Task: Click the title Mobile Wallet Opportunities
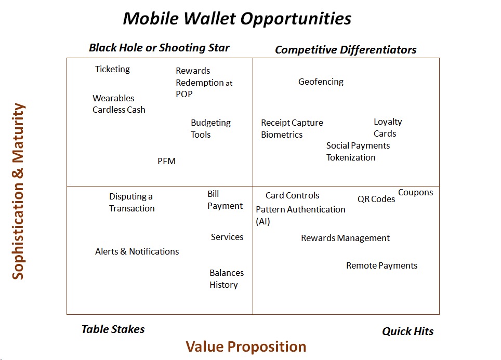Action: [237, 18]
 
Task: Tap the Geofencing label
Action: [321, 82]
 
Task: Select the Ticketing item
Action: [112, 69]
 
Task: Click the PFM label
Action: [166, 161]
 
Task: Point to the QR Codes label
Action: [376, 199]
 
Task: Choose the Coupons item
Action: [415, 192]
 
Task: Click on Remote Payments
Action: [381, 265]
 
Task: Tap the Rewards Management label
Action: [345, 238]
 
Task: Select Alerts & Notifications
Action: [137, 251]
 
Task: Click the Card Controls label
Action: [292, 195]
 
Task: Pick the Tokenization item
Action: [351, 157]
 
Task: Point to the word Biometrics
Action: [282, 135]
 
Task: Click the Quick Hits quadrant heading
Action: [407, 331]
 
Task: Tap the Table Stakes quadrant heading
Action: [113, 329]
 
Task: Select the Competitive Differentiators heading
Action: [346, 50]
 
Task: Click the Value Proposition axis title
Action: [246, 346]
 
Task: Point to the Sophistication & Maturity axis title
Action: [18, 191]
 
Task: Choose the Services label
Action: [227, 237]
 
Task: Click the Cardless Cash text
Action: [119, 110]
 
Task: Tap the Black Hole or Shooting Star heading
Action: [159, 48]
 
